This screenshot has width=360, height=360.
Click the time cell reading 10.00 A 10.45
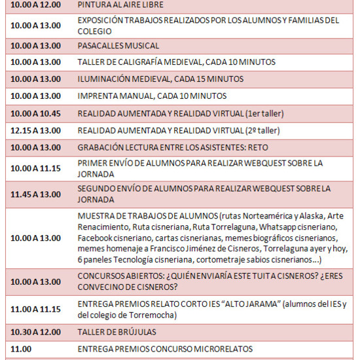(36, 113)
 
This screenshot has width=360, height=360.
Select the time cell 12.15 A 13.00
(36, 130)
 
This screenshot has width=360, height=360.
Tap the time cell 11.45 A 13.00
(36, 194)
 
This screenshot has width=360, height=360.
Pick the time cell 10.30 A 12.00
(36, 333)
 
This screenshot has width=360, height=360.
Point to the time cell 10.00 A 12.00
(36, 5)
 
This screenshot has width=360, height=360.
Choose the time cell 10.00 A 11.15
(36, 168)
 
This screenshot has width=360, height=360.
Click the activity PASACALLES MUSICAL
(118, 46)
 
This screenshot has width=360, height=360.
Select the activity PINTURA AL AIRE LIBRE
(120, 5)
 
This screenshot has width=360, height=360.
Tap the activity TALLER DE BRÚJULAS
(117, 333)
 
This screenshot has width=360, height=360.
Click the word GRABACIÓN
(100, 147)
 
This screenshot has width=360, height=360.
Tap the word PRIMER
(92, 163)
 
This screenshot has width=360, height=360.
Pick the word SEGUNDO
(96, 189)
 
